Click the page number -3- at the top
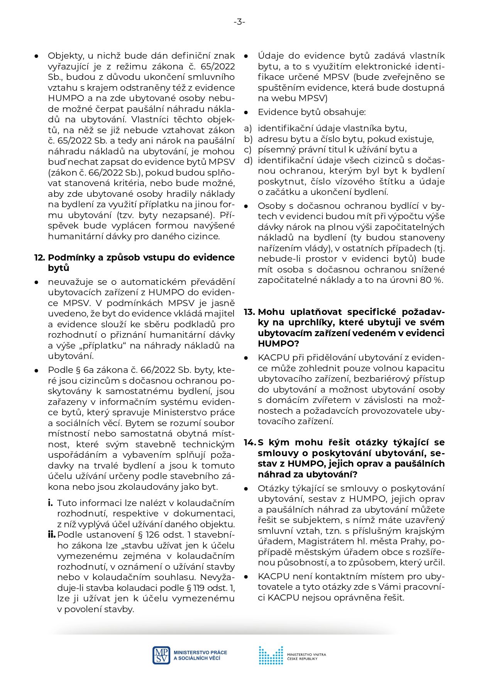pos(239,22)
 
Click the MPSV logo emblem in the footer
pos(161,655)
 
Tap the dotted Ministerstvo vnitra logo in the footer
pos(271,655)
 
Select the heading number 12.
pos(40,257)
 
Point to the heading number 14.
pos(250,442)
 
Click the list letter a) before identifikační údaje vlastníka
pos(247,128)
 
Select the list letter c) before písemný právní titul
pos(247,149)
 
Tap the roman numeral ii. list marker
pos(52,535)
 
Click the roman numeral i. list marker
pos(50,503)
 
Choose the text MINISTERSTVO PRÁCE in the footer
pos(200,653)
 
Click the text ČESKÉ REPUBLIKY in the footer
pos(302,658)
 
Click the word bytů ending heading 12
pos(59,268)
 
